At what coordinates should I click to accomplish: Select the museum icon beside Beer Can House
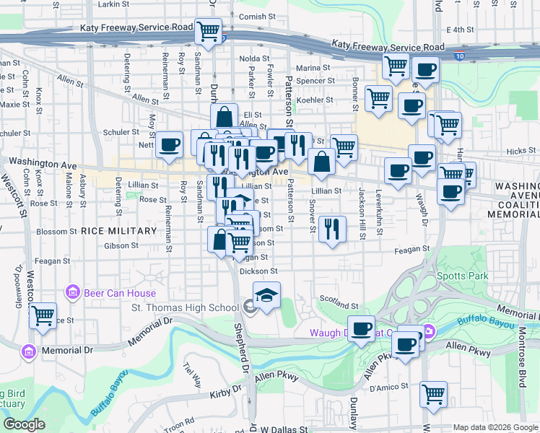tap(72, 292)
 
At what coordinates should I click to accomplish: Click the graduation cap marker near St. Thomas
tap(266, 296)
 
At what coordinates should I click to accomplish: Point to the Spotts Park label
tap(462, 276)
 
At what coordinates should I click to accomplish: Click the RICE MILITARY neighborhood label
tap(118, 231)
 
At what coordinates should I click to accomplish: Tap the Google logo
tap(24, 424)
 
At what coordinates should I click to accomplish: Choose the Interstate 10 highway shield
tap(460, 56)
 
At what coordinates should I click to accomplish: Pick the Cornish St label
tap(253, 17)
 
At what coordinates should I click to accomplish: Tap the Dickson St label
tap(258, 271)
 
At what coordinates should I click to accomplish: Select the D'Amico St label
tap(384, 390)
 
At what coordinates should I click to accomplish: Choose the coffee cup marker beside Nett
tap(170, 144)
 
